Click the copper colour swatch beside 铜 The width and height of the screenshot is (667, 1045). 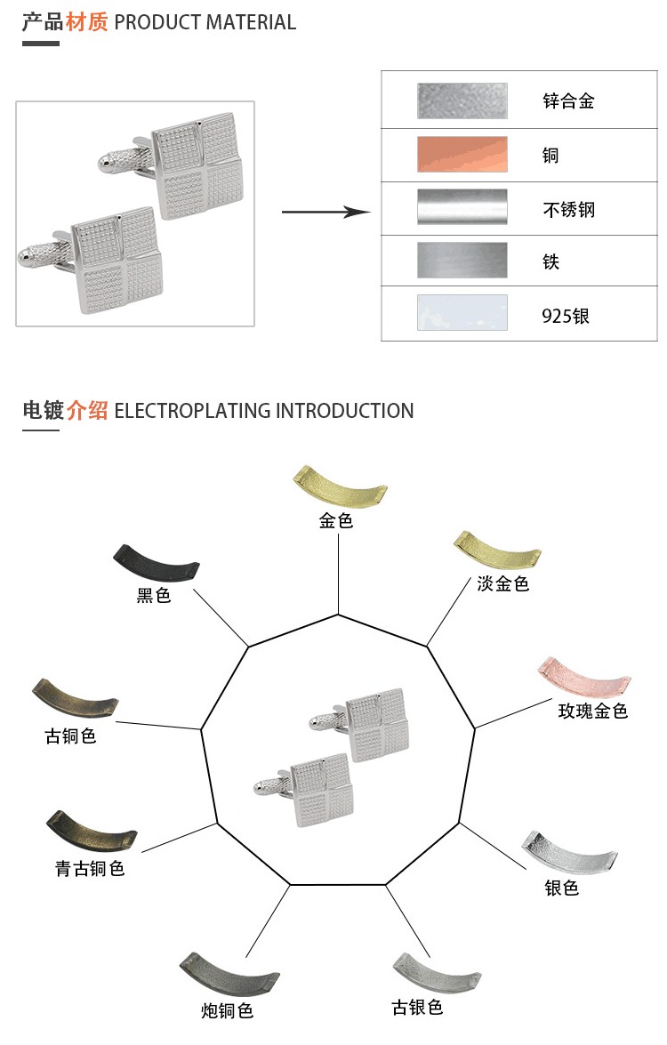462,154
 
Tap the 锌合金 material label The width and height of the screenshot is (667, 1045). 568,100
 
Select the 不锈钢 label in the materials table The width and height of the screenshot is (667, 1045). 568,210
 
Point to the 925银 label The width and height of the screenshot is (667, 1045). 566,316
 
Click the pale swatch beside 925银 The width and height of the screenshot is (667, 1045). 462,313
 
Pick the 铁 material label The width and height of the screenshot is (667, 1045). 551,262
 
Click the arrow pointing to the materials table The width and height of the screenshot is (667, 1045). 325,212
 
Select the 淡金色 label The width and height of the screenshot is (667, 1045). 502,583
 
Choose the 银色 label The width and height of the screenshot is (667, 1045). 562,887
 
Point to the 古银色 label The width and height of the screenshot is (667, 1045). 417,1008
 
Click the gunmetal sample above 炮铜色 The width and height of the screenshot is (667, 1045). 229,976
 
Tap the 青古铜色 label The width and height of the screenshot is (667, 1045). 90,868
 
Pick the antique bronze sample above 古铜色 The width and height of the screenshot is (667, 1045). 75,696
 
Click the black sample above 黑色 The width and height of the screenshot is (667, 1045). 157,562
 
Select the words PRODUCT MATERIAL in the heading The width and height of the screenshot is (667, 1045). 205,22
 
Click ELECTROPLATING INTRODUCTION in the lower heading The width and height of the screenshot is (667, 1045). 264,411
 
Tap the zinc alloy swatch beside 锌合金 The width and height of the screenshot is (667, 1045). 462,100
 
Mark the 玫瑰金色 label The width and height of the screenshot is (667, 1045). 593,711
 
